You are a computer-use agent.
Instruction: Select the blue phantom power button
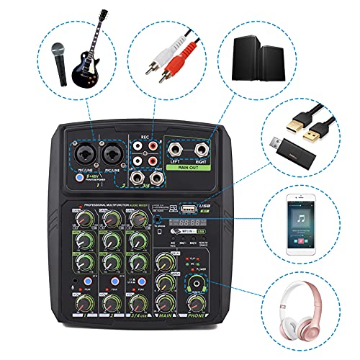(80, 175)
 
